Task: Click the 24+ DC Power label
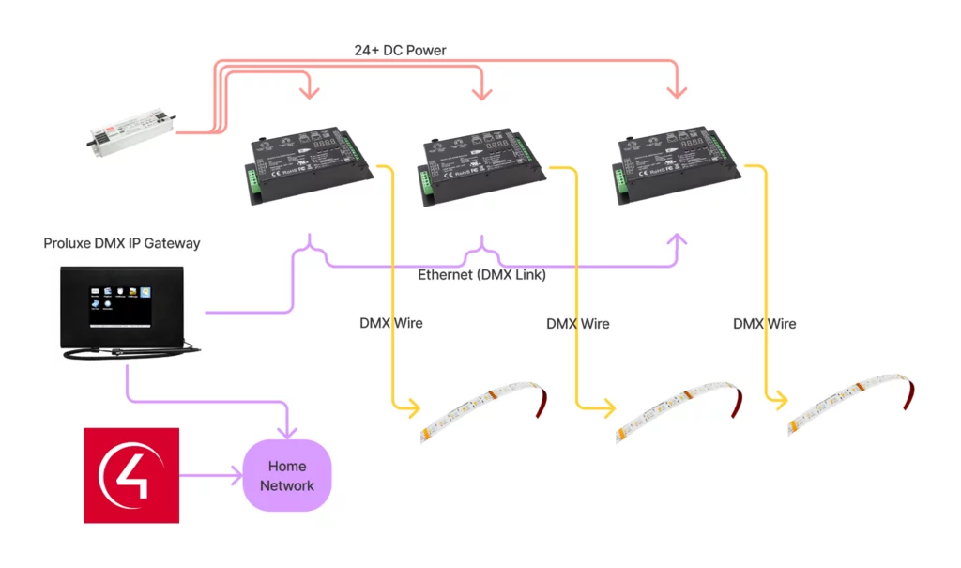400,50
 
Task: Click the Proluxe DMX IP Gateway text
122,243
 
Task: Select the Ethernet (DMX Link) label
481,275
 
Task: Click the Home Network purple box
287,475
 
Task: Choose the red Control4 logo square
131,475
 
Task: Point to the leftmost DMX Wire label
391,323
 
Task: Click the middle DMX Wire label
578,324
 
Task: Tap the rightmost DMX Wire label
765,324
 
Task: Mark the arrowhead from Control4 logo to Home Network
236,475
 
